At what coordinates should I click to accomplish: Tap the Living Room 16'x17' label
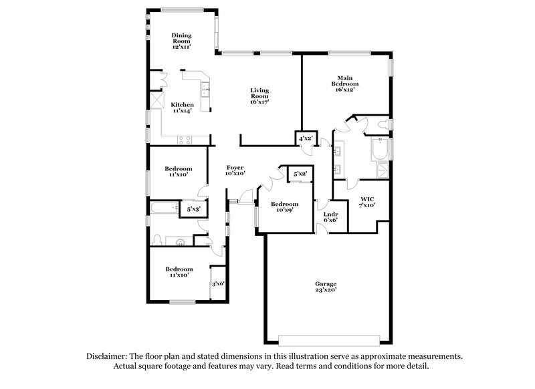click(259, 97)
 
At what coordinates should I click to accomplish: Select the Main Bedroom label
click(345, 85)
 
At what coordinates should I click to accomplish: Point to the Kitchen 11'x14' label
click(182, 108)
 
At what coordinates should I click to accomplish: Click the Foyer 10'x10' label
click(235, 170)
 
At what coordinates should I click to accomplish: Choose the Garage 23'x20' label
click(326, 287)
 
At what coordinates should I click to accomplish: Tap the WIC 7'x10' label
click(367, 203)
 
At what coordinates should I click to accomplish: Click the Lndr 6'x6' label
click(330, 217)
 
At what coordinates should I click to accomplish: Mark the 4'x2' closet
click(306, 138)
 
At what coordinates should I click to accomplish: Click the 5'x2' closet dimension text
click(300, 174)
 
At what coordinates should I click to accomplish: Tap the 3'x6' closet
click(218, 283)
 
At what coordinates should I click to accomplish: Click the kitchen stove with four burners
click(185, 139)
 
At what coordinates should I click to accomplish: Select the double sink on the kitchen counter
click(206, 86)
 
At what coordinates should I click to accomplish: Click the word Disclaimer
click(108, 357)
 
